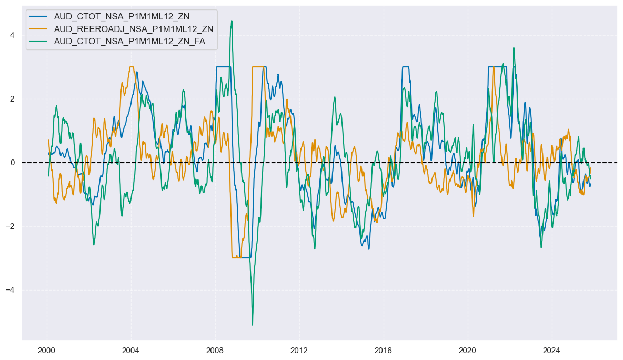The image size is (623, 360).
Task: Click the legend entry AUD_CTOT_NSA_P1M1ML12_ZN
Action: tap(122, 16)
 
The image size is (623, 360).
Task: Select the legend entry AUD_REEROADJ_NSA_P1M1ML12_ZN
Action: tap(134, 28)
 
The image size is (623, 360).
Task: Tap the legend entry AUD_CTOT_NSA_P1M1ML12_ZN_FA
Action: tap(129, 41)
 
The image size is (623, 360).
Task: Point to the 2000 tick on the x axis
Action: tap(47, 350)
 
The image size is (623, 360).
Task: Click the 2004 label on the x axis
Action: tap(131, 350)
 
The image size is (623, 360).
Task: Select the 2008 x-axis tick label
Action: tap(215, 350)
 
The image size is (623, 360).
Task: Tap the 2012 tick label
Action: tap(299, 350)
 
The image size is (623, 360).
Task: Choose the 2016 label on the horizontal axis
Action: tap(384, 350)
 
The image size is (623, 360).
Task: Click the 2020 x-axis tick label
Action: tap(468, 350)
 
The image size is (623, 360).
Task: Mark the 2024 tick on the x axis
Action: tap(552, 350)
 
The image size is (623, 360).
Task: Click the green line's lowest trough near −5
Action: tap(253, 325)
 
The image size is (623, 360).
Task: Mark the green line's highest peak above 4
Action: tap(232, 21)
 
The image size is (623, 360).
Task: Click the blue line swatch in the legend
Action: tap(39, 16)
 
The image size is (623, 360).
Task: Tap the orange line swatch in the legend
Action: tap(39, 28)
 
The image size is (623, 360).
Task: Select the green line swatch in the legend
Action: tap(39, 41)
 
